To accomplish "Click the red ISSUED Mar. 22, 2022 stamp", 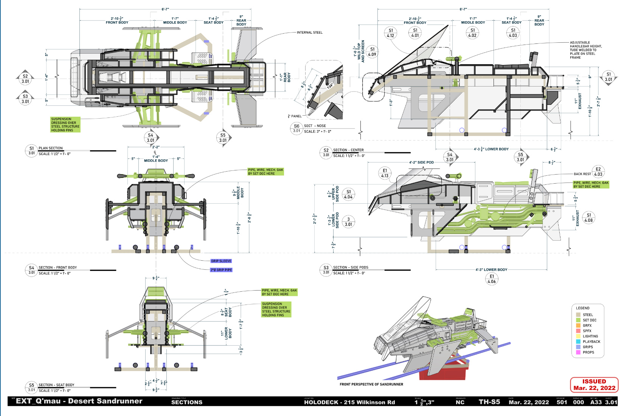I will pyautogui.click(x=594, y=385).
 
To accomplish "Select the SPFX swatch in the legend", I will pyautogui.click(x=578, y=331).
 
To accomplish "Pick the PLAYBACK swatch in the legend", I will pyautogui.click(x=578, y=342).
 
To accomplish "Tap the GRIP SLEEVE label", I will pyautogui.click(x=221, y=261).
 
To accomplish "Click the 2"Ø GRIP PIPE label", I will pyautogui.click(x=221, y=270).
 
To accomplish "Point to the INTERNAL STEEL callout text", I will pyautogui.click(x=309, y=32).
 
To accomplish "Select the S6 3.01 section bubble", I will pyautogui.click(x=296, y=128).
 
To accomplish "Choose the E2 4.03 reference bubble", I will pyautogui.click(x=598, y=172).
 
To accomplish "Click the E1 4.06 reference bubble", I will pyautogui.click(x=492, y=279).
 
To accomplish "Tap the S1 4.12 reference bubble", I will pyautogui.click(x=391, y=33).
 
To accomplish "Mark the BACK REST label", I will pyautogui.click(x=582, y=174).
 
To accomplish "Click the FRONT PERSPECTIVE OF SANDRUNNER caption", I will pyautogui.click(x=371, y=384).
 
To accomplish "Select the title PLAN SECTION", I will pyautogui.click(x=51, y=148).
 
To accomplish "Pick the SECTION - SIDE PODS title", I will pyautogui.click(x=351, y=268).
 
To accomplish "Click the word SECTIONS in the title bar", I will pyautogui.click(x=187, y=402).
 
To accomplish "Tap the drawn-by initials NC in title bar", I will pyautogui.click(x=460, y=402).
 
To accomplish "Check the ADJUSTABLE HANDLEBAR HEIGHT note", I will pyautogui.click(x=585, y=50).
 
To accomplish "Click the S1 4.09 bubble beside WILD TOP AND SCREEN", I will pyautogui.click(x=372, y=52).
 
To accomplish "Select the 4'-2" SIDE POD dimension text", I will pyautogui.click(x=421, y=162).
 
